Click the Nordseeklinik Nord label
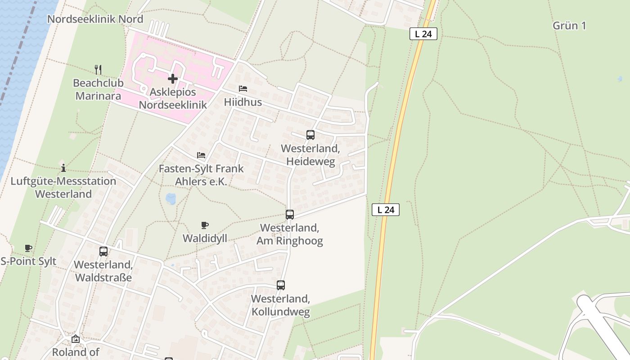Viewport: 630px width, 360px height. pos(95,19)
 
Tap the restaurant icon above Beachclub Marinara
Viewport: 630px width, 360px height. pos(98,69)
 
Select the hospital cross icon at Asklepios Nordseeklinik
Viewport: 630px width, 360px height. pos(172,79)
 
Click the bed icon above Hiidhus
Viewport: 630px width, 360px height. pos(243,89)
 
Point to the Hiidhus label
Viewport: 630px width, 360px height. pos(243,103)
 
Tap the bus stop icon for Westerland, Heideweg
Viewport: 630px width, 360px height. pos(310,135)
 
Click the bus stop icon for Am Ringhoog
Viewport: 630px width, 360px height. pos(289,215)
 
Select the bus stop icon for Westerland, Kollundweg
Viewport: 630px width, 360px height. pos(280,285)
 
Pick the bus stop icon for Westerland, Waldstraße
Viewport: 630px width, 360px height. pos(103,252)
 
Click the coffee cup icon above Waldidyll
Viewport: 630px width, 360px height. pos(205,225)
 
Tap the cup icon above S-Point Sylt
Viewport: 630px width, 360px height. pos(28,248)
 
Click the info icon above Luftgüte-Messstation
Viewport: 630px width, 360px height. pos(63,168)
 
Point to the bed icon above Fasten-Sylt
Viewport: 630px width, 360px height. pos(201,155)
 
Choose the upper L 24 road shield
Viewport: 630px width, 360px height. pos(423,34)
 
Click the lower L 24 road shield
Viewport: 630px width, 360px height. pos(386,209)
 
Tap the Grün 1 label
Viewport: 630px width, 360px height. pos(569,26)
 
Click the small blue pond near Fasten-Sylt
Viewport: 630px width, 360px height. pos(171,198)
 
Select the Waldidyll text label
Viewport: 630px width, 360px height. pos(205,238)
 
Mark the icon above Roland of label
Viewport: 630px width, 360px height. pos(76,339)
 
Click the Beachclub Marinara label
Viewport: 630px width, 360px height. pos(97,89)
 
